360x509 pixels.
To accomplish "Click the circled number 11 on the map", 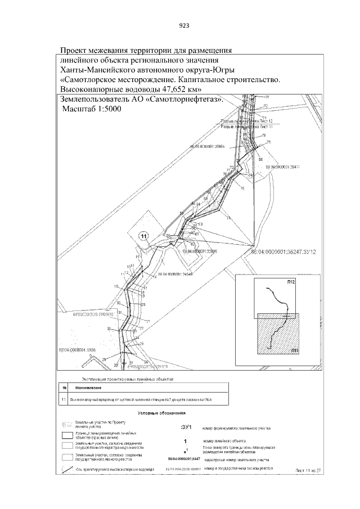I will [144, 236].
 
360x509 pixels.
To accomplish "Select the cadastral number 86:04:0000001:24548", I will [175, 274].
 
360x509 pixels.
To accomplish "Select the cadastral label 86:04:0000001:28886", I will [208, 146].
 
